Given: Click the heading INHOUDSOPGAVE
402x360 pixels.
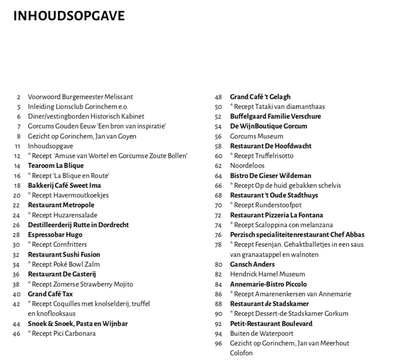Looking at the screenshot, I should [68, 16].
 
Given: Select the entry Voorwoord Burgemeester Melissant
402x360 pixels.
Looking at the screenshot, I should [80, 97].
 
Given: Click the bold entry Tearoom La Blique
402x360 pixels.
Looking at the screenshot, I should [56, 166].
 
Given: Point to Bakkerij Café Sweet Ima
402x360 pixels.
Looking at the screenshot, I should [64, 185].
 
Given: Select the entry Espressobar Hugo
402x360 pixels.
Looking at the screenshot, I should [55, 235].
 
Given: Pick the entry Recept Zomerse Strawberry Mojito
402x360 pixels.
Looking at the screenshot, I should [80, 284].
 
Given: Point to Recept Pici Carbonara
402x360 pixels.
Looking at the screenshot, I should [62, 334].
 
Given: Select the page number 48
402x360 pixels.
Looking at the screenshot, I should [218, 97].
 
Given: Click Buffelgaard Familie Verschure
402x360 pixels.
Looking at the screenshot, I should [276, 117].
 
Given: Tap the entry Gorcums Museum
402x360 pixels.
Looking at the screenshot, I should [257, 137].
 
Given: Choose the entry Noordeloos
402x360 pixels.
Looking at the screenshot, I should [248, 166].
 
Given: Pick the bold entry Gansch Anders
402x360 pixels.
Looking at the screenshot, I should [252, 265].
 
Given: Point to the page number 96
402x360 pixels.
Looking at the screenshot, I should [218, 343].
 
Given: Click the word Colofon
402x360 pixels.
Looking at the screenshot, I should [242, 353].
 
